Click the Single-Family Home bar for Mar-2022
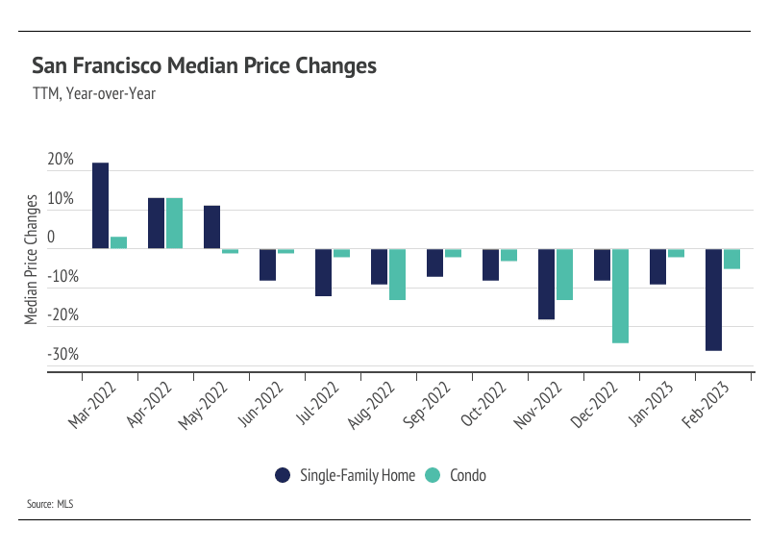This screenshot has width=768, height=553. (x=100, y=206)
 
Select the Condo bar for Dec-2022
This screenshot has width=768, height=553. (x=620, y=296)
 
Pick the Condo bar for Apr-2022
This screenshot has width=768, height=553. (x=174, y=223)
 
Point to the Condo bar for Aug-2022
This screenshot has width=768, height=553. (x=397, y=275)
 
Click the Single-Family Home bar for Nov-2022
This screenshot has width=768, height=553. (x=546, y=284)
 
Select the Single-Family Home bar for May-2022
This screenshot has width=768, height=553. (x=211, y=227)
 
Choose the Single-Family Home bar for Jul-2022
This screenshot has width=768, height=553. (x=323, y=272)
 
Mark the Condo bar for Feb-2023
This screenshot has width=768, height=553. (x=731, y=259)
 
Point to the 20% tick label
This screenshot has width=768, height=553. (x=60, y=160)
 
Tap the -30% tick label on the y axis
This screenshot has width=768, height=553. (x=62, y=354)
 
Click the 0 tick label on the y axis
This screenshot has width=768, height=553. (x=50, y=238)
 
